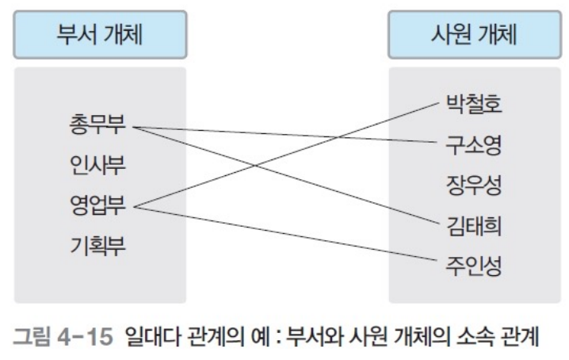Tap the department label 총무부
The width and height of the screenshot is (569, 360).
[x=99, y=125]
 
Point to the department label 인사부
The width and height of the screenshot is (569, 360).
[x=99, y=166]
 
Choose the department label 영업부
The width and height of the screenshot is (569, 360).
[x=99, y=207]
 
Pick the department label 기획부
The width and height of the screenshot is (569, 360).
[x=99, y=247]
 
